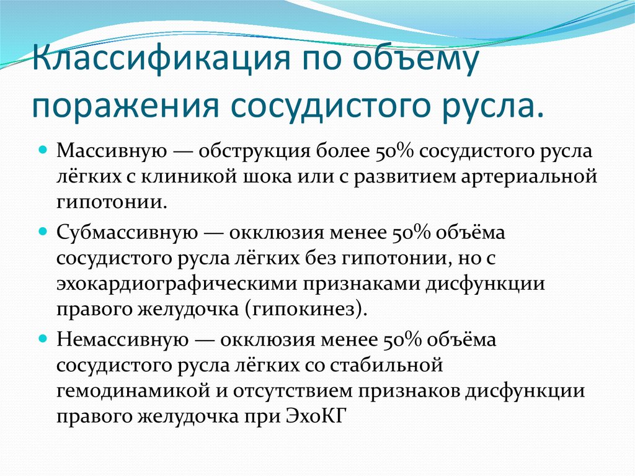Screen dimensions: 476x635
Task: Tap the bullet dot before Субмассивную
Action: coord(43,231)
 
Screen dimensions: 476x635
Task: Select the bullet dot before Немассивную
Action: coord(43,339)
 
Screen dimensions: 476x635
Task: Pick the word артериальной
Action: coord(534,177)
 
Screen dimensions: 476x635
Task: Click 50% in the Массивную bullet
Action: coord(392,151)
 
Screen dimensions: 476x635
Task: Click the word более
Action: coord(344,151)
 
